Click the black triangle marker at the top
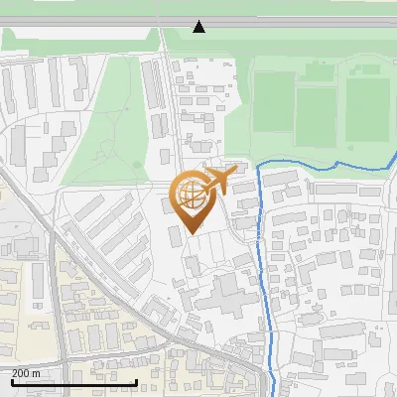(x=199, y=27)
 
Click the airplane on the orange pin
(x=217, y=179)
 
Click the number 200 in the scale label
(x=20, y=372)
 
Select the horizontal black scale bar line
(x=74, y=381)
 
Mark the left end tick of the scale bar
(x=12, y=380)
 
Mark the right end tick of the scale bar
(x=136, y=380)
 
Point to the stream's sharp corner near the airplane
(x=259, y=168)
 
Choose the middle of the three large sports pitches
(x=318, y=112)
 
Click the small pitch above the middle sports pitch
(x=320, y=71)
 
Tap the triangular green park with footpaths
(x=119, y=119)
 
